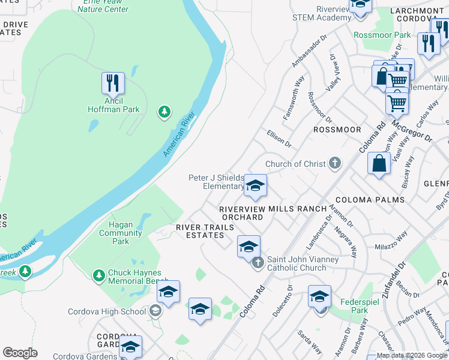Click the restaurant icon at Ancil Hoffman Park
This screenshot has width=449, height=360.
tap(112, 84)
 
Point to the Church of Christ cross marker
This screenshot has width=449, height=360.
tap(335, 164)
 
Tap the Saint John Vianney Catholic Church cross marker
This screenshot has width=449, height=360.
tap(258, 262)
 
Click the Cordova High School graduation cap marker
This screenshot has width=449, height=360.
tap(155, 311)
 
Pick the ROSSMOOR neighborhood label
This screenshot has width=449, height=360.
tap(336, 130)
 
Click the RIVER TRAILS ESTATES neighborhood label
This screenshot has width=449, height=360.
tap(200, 231)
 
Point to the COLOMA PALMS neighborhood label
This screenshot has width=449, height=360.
tap(370, 200)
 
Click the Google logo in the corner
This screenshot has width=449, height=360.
tap(20, 353)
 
